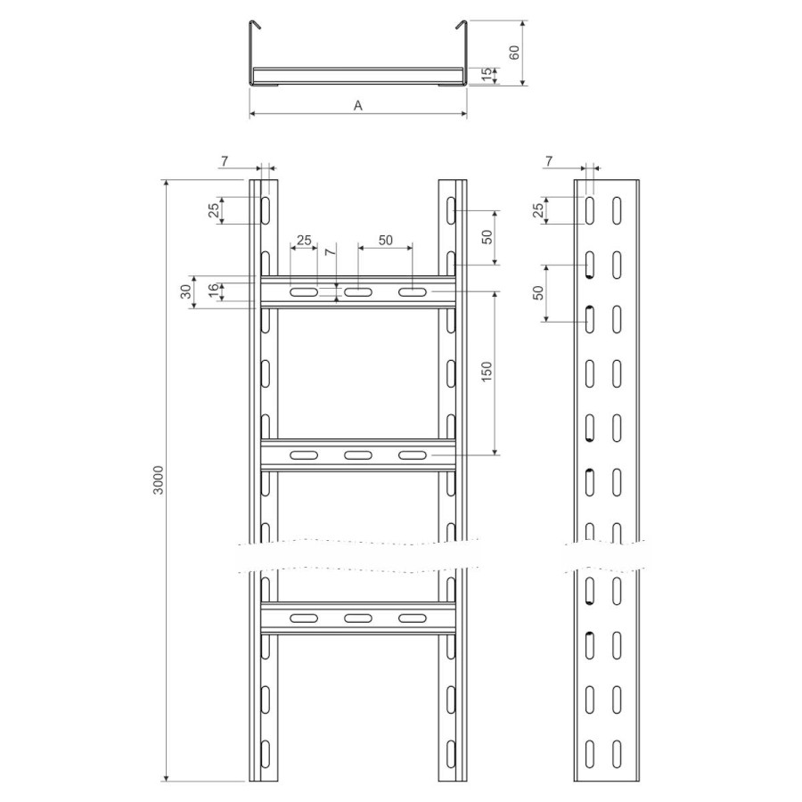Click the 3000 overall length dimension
tap(159, 479)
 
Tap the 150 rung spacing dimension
tap(487, 371)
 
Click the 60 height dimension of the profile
tap(514, 53)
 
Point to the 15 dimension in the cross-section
tap(488, 75)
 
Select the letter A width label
tap(358, 105)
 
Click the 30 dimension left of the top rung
tap(186, 291)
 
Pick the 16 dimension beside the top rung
tap(213, 291)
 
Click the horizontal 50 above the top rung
tap(385, 240)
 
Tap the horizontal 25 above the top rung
tap(304, 240)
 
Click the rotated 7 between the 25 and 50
tap(331, 251)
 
